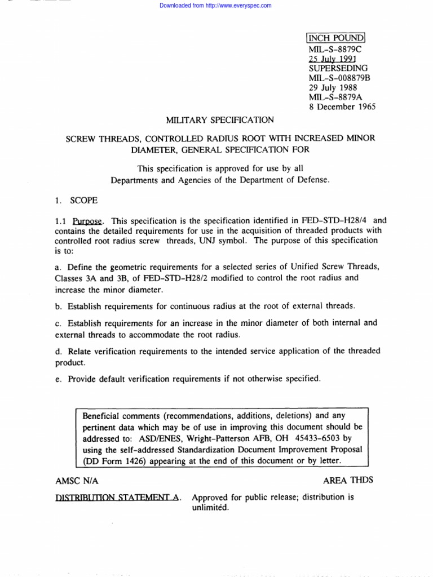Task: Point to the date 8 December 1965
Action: coord(342,106)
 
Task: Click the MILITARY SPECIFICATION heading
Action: coord(220,120)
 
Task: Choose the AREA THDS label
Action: coord(348,480)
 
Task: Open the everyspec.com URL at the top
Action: coord(216,6)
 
